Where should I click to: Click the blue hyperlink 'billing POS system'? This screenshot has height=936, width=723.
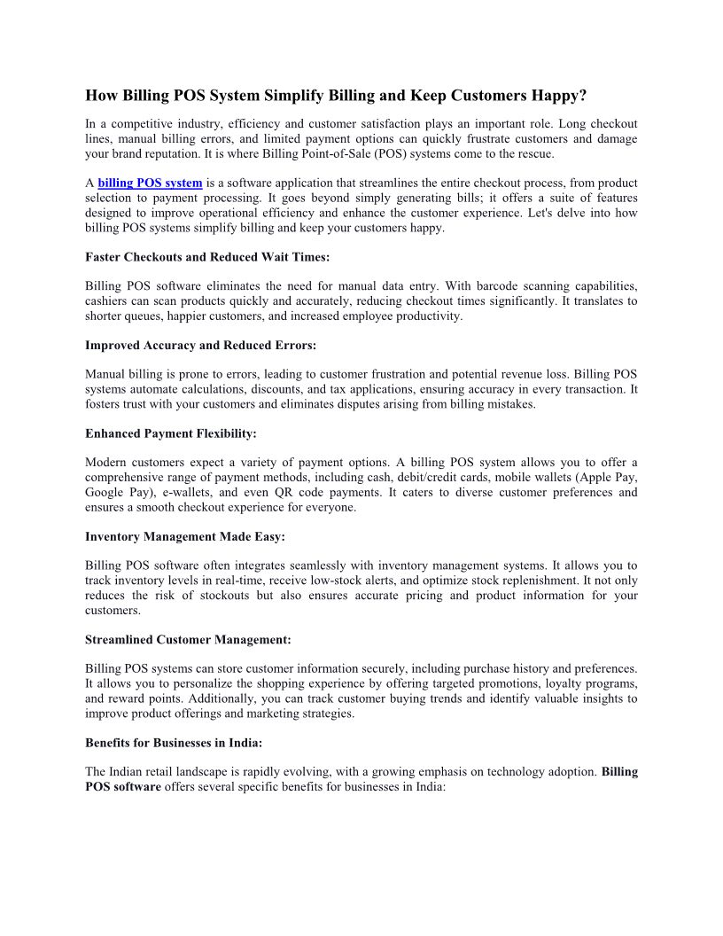pyautogui.click(x=150, y=183)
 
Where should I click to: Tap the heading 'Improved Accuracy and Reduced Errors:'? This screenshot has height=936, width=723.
pyautogui.click(x=200, y=345)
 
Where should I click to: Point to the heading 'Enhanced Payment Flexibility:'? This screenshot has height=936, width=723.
pyautogui.click(x=171, y=433)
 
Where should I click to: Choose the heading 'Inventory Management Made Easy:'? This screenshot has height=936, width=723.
pyautogui.click(x=185, y=536)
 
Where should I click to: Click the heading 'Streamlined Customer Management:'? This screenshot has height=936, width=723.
pyautogui.click(x=188, y=639)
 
